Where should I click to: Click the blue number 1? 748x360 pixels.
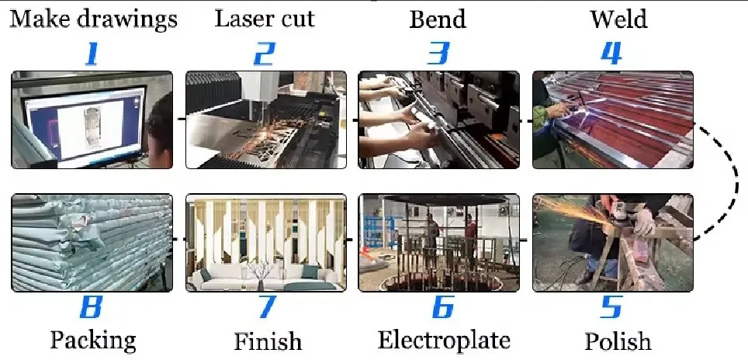(92, 53)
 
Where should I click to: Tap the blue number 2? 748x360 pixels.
(265, 53)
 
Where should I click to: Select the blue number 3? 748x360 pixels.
(438, 53)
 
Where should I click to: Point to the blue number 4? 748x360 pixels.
(611, 53)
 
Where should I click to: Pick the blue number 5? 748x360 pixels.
(611, 307)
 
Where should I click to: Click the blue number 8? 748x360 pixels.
(92, 307)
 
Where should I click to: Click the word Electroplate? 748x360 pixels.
(444, 340)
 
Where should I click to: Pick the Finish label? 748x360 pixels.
(268, 341)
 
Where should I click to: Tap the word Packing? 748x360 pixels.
(93, 341)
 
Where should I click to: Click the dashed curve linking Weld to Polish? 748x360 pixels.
(733, 182)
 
